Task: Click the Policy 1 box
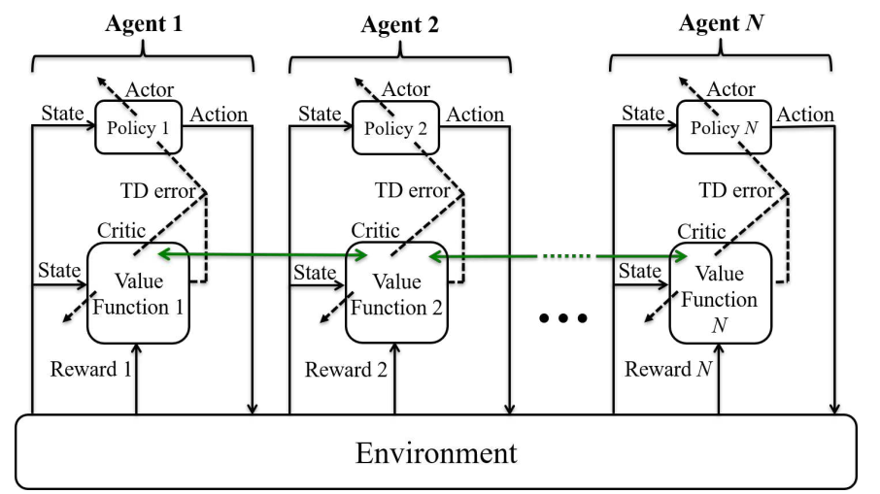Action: tap(139, 127)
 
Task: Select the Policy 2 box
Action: tap(395, 128)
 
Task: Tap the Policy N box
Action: tap(724, 127)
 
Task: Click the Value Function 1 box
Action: tap(138, 293)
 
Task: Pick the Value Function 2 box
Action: tap(397, 293)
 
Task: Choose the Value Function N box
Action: tap(721, 293)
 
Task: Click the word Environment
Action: tap(436, 453)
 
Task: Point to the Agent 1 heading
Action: tap(144, 23)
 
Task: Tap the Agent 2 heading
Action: tap(399, 24)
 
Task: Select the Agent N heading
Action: tap(721, 23)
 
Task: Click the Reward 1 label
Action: tap(91, 369)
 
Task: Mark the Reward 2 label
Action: tap(347, 370)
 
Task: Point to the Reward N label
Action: tap(668, 369)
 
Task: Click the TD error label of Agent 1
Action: tap(157, 191)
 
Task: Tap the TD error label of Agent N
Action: tap(736, 190)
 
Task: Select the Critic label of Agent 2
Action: tap(376, 230)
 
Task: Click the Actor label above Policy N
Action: tap(730, 88)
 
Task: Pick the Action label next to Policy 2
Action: tap(475, 115)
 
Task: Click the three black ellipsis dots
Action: tap(563, 318)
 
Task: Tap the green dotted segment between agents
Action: tap(567, 256)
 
